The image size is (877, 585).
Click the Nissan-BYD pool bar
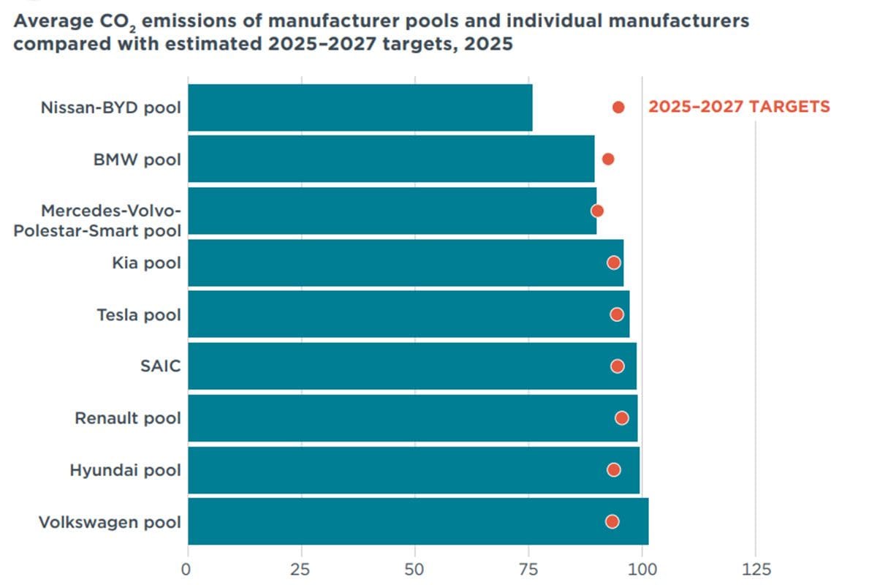(360, 107)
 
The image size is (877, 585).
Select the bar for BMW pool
(391, 159)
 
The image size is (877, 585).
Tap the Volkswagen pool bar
(417, 521)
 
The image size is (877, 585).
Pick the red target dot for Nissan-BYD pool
(618, 107)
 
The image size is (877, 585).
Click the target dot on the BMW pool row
(607, 159)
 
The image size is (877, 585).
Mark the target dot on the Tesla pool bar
(617, 314)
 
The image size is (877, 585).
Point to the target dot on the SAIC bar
(618, 366)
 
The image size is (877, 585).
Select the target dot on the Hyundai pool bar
(614, 469)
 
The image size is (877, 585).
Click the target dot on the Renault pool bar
(622, 418)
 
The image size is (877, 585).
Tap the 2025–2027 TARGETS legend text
(739, 107)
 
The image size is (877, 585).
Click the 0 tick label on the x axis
(188, 570)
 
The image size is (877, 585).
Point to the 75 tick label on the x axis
(528, 570)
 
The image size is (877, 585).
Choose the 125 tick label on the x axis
(755, 570)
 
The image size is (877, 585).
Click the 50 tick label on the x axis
(415, 570)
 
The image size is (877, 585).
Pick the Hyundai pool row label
(125, 469)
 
